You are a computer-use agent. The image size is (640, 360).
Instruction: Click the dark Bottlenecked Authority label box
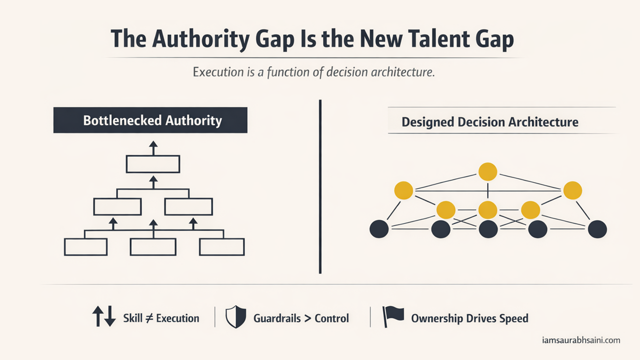(150, 120)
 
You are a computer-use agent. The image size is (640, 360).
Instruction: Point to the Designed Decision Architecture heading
(490, 121)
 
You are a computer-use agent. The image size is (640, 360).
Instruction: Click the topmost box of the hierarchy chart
(152, 164)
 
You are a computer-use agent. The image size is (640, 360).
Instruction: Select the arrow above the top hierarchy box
(153, 147)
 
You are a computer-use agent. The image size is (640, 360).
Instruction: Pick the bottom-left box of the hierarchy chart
(85, 247)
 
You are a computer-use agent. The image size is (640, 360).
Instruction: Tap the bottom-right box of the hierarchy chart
(222, 247)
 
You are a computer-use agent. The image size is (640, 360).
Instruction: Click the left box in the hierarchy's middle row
(117, 206)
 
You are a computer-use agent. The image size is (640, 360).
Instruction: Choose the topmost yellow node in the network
(487, 171)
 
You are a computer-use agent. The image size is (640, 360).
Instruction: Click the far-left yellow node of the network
(403, 190)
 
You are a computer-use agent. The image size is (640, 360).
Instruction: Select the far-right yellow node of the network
(572, 190)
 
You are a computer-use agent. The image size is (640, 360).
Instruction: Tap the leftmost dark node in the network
(378, 229)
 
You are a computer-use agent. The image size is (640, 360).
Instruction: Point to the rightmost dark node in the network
(597, 229)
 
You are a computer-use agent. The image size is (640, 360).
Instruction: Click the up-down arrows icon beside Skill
(104, 317)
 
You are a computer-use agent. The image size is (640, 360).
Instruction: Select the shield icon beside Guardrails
(235, 317)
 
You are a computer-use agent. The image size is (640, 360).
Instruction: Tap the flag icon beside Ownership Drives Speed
(392, 316)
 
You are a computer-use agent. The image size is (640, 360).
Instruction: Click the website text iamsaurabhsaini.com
(581, 340)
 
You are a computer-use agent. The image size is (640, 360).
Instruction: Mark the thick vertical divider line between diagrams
(320, 186)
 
